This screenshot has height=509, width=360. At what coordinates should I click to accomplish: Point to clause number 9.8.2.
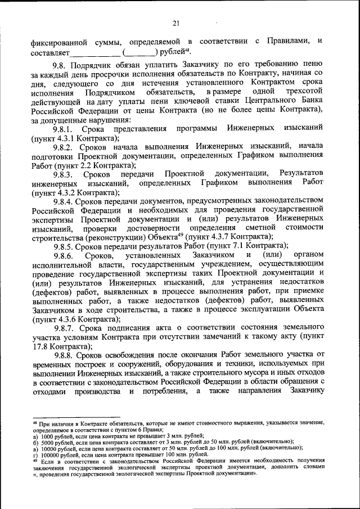pyautogui.click(x=66, y=147)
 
